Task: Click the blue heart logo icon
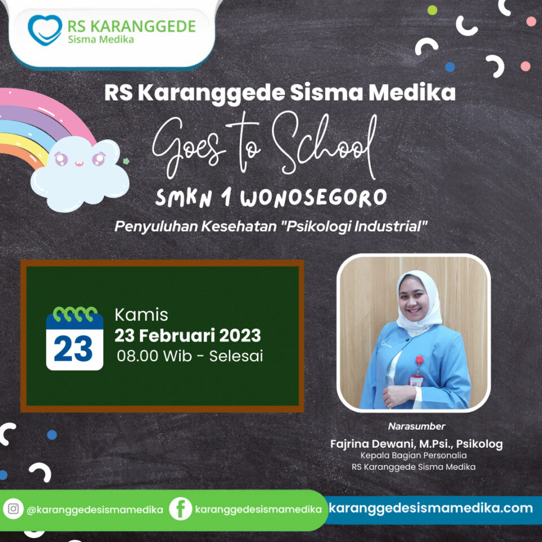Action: [45, 30]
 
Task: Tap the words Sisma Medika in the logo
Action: [101, 40]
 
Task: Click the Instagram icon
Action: [13, 509]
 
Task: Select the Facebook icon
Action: [180, 509]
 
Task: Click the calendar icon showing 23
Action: [75, 338]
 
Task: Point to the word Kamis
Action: [141, 315]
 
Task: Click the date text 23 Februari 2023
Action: [187, 335]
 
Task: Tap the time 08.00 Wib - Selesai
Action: [190, 356]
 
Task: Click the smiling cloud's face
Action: [80, 159]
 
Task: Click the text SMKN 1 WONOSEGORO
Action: [271, 198]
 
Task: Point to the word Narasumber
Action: [417, 426]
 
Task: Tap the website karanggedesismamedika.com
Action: [431, 508]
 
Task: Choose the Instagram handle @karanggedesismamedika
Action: [95, 510]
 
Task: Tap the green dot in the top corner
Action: [432, 10]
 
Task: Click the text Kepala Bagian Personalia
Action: [413, 456]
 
